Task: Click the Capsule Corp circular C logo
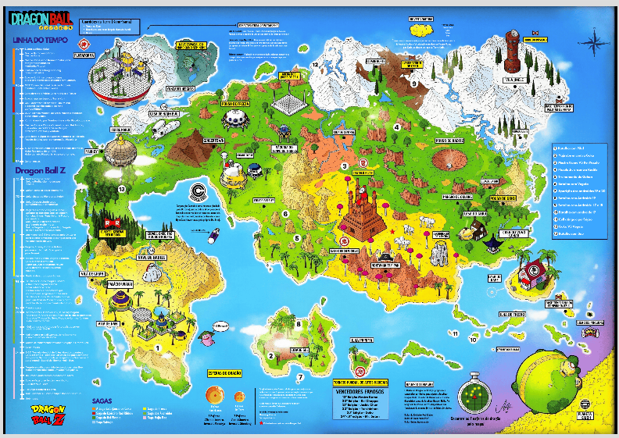click(199, 193)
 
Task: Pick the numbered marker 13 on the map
click(121, 189)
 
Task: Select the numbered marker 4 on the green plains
click(397, 126)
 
